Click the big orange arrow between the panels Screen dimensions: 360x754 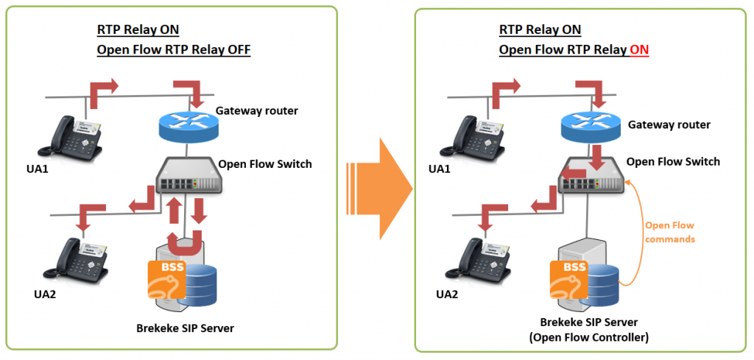pos(379,180)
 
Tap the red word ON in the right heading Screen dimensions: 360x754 pos(638,50)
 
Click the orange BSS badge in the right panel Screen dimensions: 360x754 pos(571,279)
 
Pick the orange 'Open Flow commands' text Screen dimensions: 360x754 pos(669,232)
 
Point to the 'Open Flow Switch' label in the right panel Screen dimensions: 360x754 pos(673,161)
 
